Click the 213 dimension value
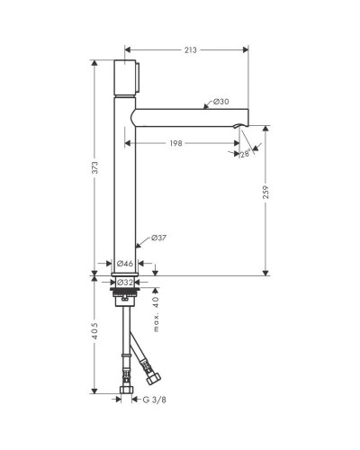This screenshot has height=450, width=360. [x=191, y=50]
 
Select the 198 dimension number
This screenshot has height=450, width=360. [x=175, y=143]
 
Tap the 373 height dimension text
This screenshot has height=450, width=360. [x=94, y=167]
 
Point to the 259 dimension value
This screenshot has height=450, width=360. [x=265, y=193]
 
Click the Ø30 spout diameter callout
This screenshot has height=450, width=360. [x=221, y=102]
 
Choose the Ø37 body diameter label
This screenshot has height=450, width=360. [x=158, y=238]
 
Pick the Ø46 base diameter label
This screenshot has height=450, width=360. [x=125, y=264]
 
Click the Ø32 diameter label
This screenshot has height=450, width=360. [x=125, y=283]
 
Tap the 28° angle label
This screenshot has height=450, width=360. [x=245, y=154]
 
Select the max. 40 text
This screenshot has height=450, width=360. [x=156, y=314]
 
